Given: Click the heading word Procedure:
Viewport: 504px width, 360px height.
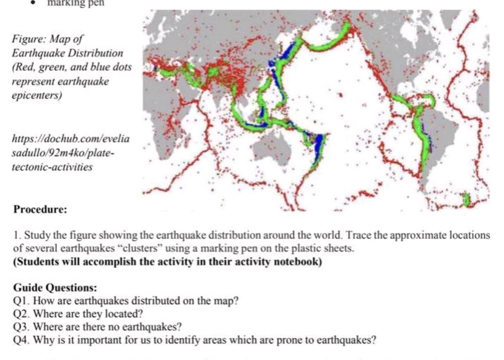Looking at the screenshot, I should tap(40, 210).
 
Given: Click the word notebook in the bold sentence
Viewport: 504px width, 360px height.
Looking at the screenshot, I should tap(299, 262).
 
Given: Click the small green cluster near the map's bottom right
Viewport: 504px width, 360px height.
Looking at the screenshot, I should tap(466, 199).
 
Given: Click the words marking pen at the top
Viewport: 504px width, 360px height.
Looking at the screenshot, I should tap(76, 4).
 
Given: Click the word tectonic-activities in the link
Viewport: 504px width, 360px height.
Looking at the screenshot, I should tap(52, 167).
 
